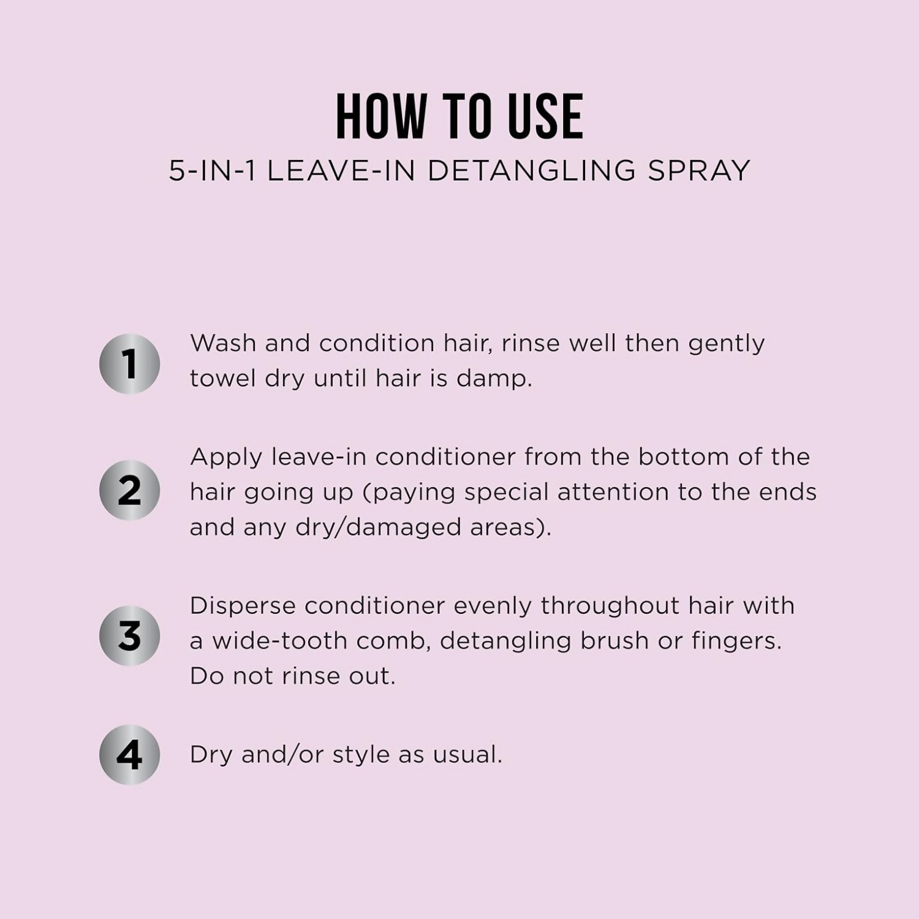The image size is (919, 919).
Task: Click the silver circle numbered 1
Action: tap(129, 364)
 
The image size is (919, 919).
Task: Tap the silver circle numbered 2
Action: tap(129, 490)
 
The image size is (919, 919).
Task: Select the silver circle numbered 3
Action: tap(129, 635)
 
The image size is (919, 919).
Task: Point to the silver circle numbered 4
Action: tap(129, 755)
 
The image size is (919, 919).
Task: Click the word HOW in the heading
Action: tap(381, 116)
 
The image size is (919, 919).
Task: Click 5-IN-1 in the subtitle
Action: tap(212, 170)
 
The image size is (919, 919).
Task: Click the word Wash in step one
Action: tap(223, 343)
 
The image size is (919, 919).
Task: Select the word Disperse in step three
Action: tap(243, 606)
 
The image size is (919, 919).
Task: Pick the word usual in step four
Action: tap(467, 755)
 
